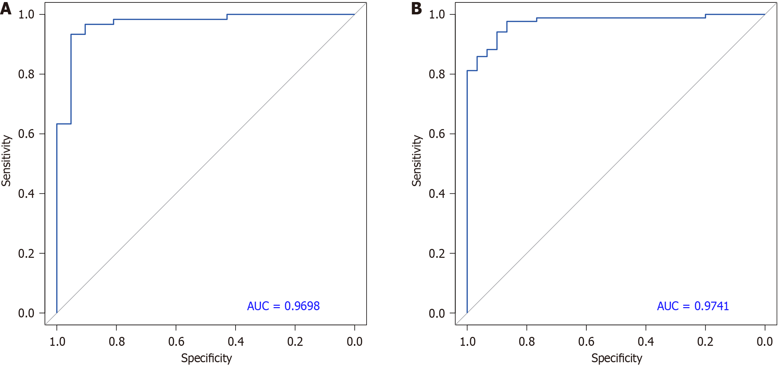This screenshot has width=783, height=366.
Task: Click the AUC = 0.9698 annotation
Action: tap(283, 306)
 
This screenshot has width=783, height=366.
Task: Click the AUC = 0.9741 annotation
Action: tap(693, 306)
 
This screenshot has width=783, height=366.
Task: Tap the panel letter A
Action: tap(6, 8)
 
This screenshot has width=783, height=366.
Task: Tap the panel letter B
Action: tap(416, 8)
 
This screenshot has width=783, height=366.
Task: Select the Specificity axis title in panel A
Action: tap(206, 358)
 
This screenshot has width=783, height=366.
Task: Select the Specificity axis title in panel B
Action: tap(616, 358)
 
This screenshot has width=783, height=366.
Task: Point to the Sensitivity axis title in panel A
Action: tap(6, 161)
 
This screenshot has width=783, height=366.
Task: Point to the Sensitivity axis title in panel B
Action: tap(416, 161)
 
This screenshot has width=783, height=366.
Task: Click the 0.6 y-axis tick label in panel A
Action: tap(26, 134)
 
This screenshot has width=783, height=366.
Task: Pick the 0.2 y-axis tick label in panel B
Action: tap(437, 254)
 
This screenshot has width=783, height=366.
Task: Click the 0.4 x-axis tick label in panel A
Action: tap(236, 341)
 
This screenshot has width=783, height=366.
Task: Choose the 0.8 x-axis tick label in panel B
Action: tap(527, 341)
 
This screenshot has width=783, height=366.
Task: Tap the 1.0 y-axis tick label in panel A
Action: tap(26, 14)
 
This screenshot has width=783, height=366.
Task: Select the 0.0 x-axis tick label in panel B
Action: tap(765, 341)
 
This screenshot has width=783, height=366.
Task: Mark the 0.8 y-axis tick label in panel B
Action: tap(437, 74)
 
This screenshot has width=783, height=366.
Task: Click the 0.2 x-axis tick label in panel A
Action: tap(295, 341)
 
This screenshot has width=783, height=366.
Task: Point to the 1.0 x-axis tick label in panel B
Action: tap(467, 341)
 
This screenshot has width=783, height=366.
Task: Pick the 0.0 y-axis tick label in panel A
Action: tap(26, 313)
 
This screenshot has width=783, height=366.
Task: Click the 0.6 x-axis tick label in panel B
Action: tap(586, 341)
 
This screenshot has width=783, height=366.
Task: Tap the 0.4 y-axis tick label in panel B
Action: tap(437, 194)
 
